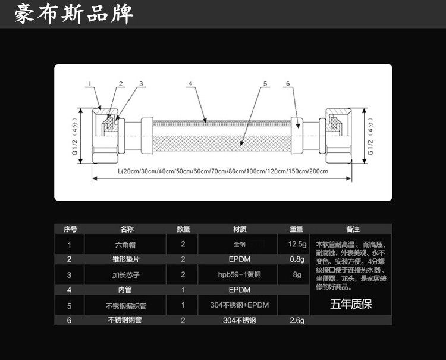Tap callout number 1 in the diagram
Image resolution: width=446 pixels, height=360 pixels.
90,83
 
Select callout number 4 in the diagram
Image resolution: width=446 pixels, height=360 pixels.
191,83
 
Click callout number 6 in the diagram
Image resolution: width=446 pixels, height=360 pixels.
287,83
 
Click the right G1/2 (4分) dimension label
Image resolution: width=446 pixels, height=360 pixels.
370,140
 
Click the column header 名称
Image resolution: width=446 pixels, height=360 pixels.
127,228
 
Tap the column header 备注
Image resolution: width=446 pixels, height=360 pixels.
352,228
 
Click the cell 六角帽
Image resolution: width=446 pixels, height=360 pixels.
125,244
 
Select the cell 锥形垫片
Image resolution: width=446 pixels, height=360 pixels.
126,259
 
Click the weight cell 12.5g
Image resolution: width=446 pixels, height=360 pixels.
297,244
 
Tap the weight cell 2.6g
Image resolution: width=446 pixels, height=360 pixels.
297,321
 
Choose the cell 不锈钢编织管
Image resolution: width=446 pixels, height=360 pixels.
125,306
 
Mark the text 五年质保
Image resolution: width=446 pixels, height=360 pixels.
351,305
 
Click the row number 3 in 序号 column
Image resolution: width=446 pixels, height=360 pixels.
70,275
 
